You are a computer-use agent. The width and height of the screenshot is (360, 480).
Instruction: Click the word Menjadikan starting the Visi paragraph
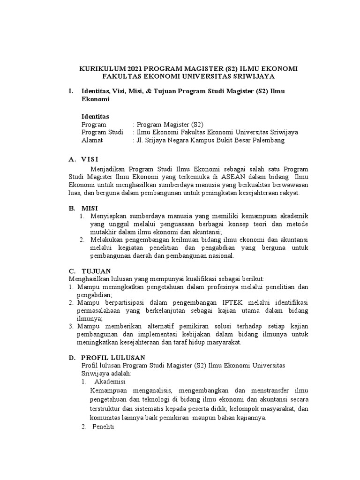(x=109, y=168)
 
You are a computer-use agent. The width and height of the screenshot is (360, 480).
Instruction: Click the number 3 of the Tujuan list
(x=71, y=326)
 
